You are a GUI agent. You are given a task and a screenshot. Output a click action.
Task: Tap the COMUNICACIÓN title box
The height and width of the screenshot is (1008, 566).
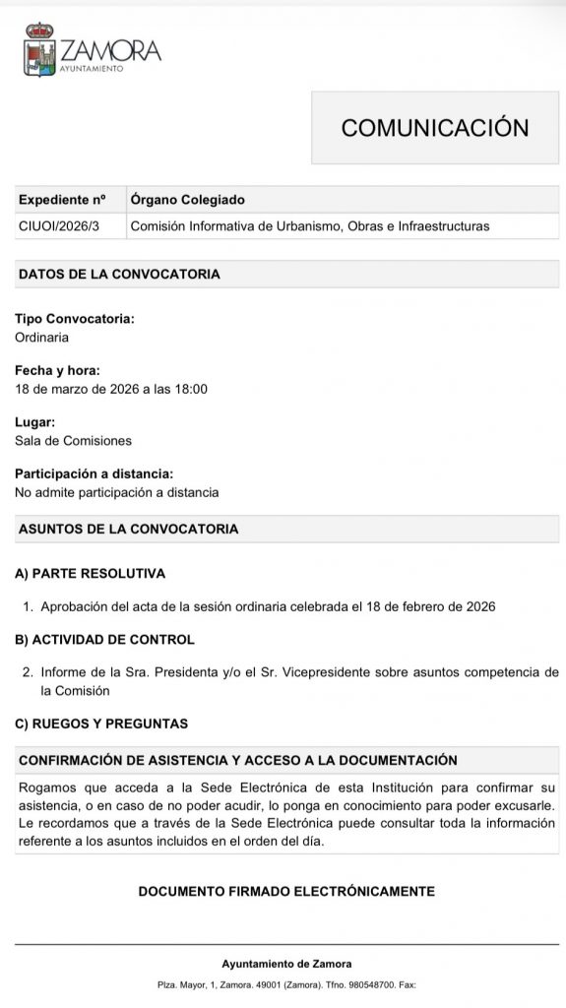click(x=434, y=127)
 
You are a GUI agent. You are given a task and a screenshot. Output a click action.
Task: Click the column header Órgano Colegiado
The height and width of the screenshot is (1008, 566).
click(x=188, y=199)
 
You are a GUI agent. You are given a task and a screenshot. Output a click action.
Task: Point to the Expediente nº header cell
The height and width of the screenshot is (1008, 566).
click(x=61, y=199)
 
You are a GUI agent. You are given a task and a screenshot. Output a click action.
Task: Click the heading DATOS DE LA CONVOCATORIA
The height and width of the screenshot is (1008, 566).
click(x=119, y=274)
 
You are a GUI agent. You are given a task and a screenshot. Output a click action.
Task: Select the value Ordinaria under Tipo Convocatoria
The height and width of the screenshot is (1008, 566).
click(x=42, y=337)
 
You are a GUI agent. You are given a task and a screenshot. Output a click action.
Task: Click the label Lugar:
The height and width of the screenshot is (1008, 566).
click(x=34, y=422)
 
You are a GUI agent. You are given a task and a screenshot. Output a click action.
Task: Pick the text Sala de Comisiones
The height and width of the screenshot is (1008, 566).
click(x=73, y=440)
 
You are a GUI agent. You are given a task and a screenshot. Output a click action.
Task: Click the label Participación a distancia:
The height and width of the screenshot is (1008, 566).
click(x=94, y=473)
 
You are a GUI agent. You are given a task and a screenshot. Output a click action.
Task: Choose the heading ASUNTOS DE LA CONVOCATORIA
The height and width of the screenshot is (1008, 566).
click(x=128, y=529)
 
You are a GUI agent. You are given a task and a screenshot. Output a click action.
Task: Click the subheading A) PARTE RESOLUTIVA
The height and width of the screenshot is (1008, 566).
click(x=90, y=573)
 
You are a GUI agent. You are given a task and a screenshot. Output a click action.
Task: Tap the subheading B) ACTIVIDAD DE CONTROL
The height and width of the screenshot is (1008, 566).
click(x=104, y=639)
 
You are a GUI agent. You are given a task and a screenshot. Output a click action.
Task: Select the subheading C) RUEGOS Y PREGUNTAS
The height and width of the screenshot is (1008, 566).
click(x=100, y=724)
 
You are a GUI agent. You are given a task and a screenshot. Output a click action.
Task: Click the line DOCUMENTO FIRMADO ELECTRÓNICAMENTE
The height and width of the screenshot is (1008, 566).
click(x=286, y=891)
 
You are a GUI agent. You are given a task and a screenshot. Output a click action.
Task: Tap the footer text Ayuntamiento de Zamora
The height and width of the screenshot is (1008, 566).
click(x=286, y=964)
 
